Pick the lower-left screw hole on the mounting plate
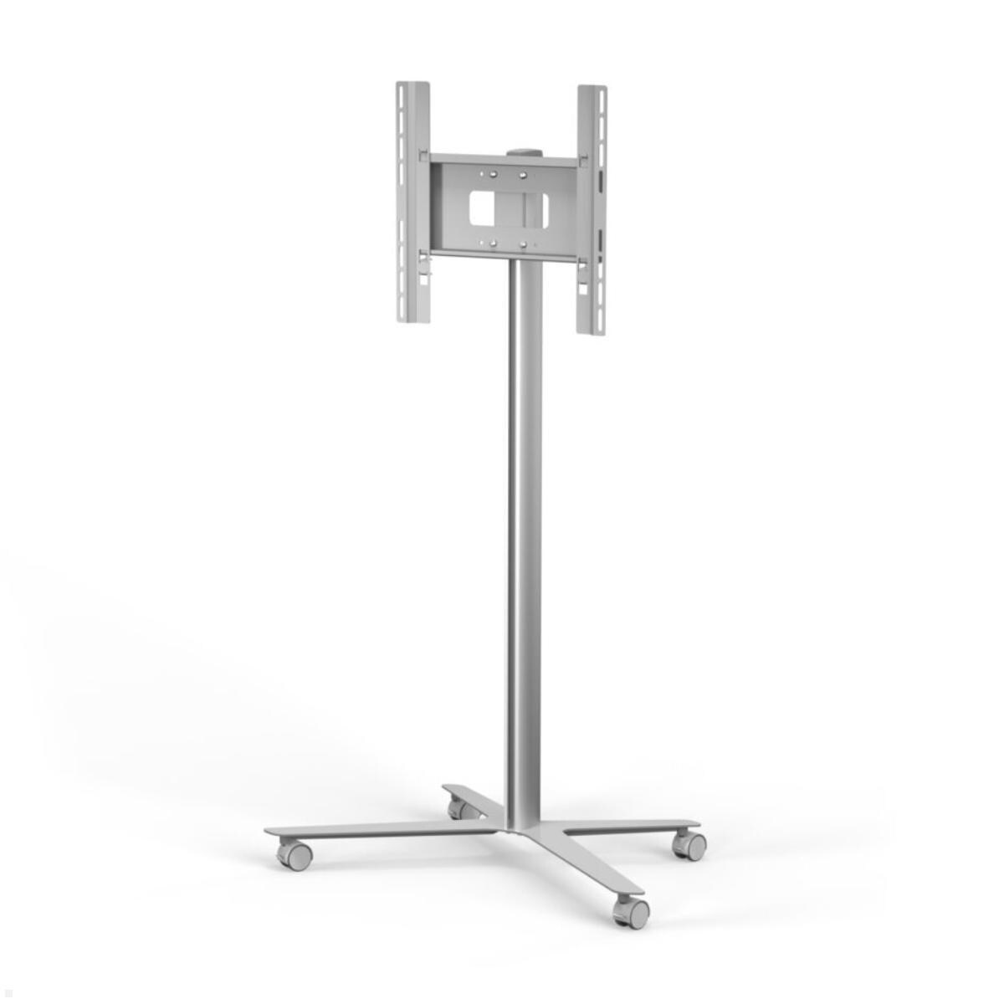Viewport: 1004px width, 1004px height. point(494,244)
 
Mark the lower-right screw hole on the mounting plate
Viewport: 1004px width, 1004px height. point(523,244)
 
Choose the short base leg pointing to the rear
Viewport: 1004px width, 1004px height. point(473,796)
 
